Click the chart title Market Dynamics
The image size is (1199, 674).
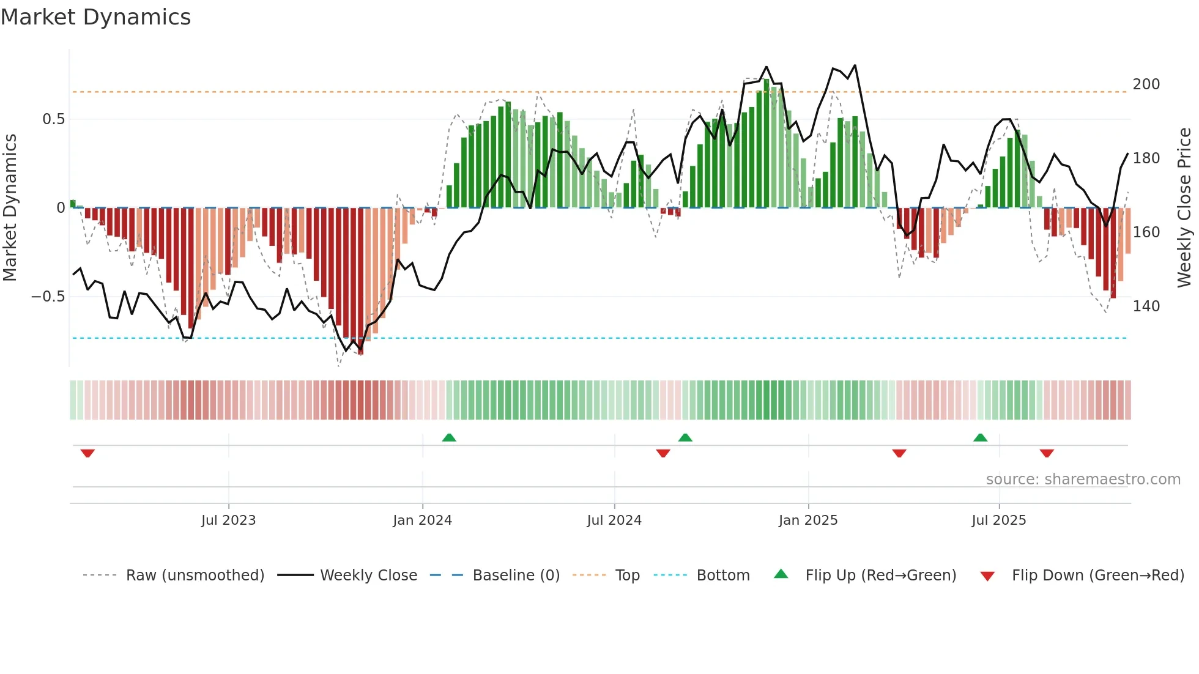(96, 17)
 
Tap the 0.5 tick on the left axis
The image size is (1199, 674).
(54, 119)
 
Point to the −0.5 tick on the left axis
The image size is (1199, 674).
(48, 297)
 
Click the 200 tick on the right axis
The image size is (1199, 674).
(1146, 84)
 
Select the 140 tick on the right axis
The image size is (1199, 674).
(1146, 306)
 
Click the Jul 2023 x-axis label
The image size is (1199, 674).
(228, 520)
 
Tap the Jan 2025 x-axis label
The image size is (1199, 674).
(807, 520)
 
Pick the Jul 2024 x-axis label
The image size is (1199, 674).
(614, 520)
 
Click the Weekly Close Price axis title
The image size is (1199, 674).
(1184, 208)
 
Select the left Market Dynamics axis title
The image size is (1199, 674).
(10, 208)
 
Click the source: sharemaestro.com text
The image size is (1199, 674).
(1083, 480)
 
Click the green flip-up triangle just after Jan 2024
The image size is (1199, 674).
(449, 437)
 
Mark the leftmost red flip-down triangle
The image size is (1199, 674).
(87, 453)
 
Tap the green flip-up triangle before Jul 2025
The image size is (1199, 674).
(980, 437)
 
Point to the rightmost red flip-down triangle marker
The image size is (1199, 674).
(1047, 453)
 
